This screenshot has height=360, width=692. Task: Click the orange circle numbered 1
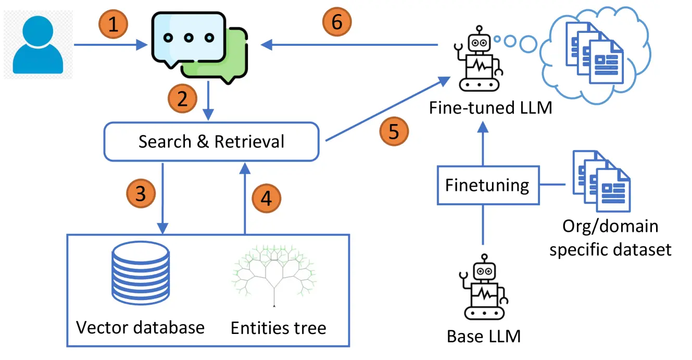tap(113, 24)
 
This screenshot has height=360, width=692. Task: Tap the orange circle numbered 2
tap(182, 98)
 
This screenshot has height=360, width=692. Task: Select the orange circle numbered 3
tap(141, 193)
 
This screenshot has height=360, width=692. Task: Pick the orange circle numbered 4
tap(266, 198)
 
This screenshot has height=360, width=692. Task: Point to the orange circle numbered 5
tap(394, 131)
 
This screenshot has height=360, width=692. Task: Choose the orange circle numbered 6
tap(337, 22)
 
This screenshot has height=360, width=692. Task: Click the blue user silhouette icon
tap(38, 45)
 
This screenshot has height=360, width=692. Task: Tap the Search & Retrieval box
tap(211, 142)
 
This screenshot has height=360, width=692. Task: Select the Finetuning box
tap(488, 185)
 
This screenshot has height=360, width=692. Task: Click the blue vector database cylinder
tap(141, 273)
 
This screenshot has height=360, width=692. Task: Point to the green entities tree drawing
tap(274, 275)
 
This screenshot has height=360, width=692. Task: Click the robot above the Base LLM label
tap(484, 287)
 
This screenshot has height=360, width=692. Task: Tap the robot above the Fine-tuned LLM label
tap(479, 58)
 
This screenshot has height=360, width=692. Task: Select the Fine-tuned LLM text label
tap(490, 107)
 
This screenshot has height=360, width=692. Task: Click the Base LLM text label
tap(484, 336)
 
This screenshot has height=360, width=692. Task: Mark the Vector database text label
tap(141, 328)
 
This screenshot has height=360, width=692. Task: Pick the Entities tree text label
tap(279, 328)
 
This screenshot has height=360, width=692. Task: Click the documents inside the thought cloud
tap(595, 53)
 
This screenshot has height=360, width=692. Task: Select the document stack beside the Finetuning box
tap(601, 181)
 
